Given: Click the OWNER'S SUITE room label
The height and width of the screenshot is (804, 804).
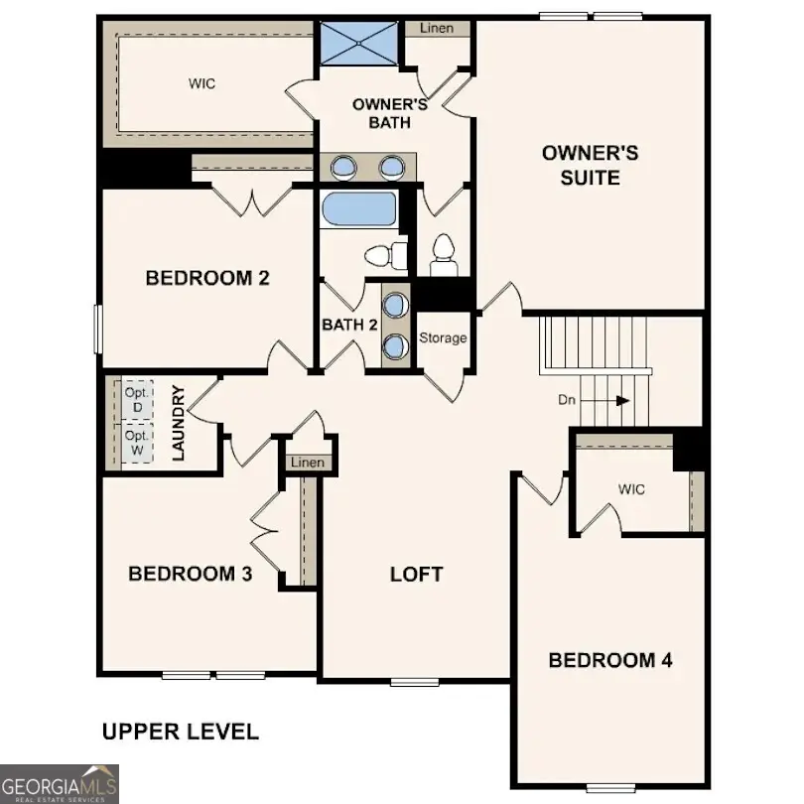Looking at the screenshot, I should [x=590, y=166].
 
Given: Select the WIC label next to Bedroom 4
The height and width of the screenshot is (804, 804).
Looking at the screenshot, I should [x=631, y=489].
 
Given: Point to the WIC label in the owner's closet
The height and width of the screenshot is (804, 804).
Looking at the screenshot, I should [x=201, y=83].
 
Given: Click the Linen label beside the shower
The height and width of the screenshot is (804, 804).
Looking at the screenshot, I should [x=436, y=28].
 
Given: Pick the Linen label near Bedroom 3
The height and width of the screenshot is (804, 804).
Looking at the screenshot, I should [x=307, y=463].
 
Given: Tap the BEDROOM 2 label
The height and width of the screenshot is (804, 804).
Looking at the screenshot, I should [x=207, y=278].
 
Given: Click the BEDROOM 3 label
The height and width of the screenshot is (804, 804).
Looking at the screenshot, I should [x=190, y=574].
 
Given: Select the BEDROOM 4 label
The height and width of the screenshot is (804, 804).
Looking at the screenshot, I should [x=609, y=660].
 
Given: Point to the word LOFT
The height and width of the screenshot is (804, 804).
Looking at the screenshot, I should [x=416, y=574].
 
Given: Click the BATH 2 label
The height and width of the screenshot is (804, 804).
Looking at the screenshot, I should [x=349, y=325].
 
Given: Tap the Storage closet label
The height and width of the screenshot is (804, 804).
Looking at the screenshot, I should [x=442, y=338].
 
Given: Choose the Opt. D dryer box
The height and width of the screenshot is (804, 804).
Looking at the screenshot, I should [x=138, y=400].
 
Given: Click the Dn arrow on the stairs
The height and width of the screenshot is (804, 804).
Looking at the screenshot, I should [x=605, y=401].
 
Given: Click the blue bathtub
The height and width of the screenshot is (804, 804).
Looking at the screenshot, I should [x=359, y=211].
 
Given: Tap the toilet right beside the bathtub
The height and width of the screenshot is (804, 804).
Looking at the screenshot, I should [x=385, y=255].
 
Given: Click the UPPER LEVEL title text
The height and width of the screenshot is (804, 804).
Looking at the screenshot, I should [x=181, y=733].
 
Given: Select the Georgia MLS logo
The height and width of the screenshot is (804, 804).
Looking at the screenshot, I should [x=60, y=783].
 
